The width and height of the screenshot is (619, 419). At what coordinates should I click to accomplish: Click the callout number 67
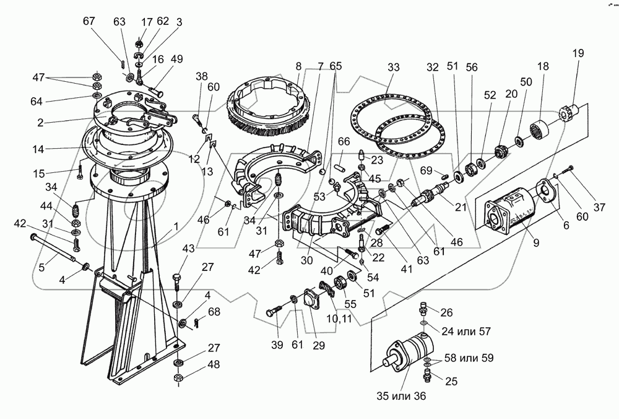click(89, 20)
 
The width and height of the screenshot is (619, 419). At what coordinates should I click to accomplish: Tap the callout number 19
click(578, 53)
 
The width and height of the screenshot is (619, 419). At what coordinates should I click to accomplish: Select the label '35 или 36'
click(402, 395)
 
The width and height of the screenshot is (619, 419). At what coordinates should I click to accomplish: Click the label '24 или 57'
click(466, 331)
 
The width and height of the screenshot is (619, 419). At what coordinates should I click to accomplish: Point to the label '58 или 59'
click(469, 358)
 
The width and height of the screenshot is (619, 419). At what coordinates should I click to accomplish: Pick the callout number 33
click(394, 67)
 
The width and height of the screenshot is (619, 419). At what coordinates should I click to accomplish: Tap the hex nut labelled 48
click(178, 377)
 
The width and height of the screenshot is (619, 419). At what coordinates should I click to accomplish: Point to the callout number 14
click(38, 149)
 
